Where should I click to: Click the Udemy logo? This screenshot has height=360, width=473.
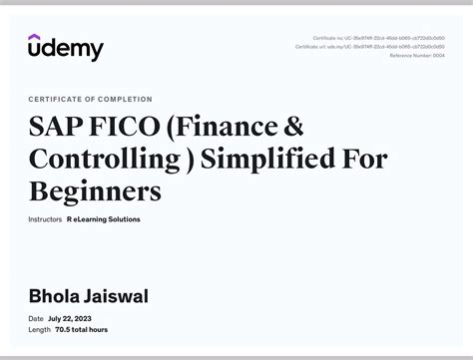point(65,47)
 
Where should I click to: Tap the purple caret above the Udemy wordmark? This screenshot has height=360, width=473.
point(35,37)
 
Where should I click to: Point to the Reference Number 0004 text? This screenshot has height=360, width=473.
point(417,55)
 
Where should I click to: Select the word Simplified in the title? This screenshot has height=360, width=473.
point(259,159)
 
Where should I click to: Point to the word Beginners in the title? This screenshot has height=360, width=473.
point(95,190)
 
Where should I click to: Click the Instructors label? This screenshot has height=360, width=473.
point(45,219)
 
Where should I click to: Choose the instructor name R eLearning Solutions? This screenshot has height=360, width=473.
point(104,219)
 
